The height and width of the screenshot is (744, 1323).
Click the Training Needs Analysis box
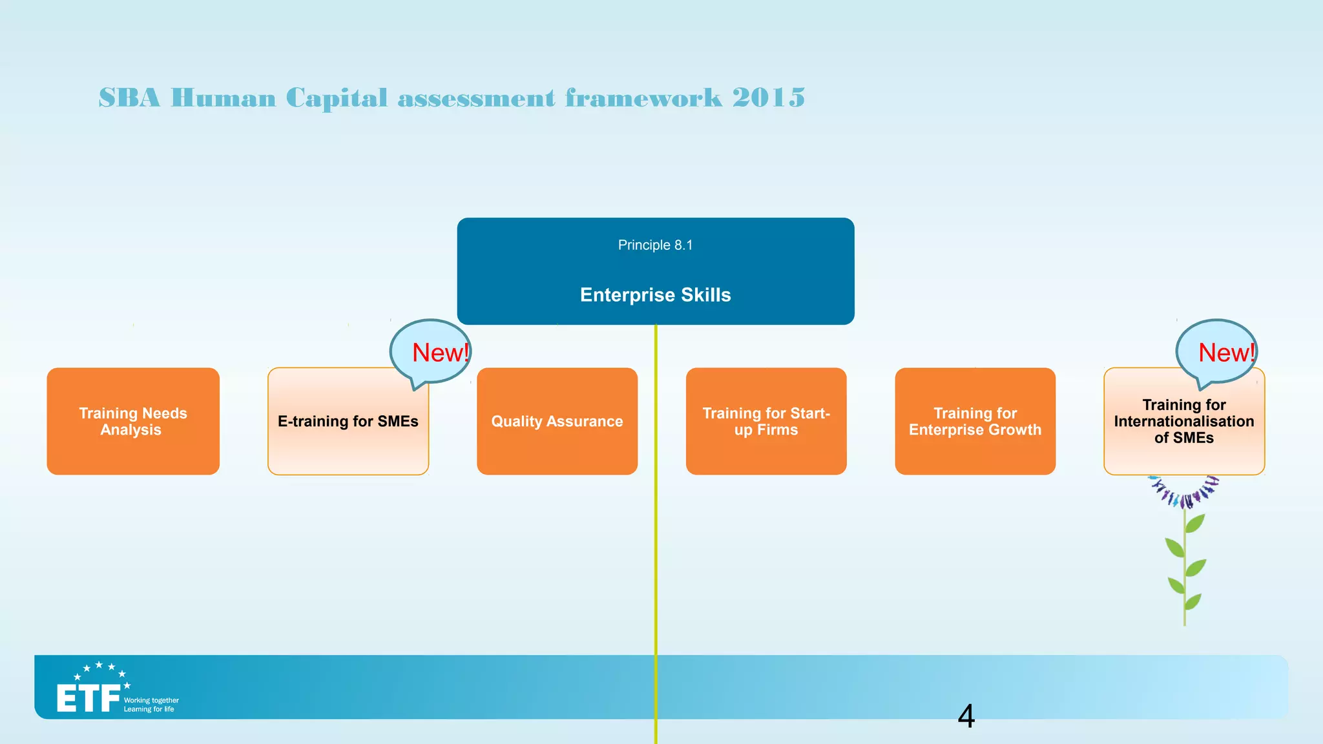[x=133, y=421]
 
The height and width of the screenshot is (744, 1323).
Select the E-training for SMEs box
[x=348, y=422]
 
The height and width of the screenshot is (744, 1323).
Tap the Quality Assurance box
[x=557, y=421]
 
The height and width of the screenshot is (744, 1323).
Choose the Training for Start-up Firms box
[x=766, y=421]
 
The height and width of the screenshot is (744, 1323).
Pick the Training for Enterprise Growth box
[x=975, y=421]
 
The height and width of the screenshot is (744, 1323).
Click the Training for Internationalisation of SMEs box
[x=1183, y=422]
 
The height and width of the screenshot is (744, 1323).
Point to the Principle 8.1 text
[x=655, y=245]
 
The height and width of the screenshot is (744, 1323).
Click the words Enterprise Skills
[x=655, y=295]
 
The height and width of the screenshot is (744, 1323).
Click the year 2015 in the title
[x=769, y=98]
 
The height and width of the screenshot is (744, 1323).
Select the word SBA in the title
[x=129, y=98]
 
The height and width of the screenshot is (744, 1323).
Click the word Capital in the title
[x=337, y=98]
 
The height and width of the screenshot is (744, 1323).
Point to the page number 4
[x=966, y=716]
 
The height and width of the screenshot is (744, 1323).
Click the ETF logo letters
[x=89, y=699]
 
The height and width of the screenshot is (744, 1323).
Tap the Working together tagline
[x=151, y=700]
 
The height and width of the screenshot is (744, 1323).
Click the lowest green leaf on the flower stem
[x=1193, y=602]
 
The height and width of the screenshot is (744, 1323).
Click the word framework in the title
[x=643, y=98]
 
